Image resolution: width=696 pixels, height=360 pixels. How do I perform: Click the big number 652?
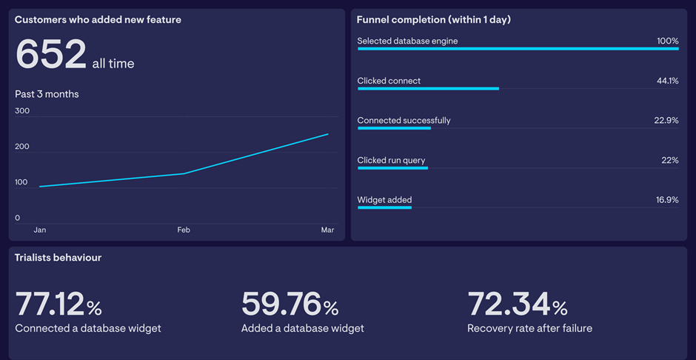[x=50, y=55]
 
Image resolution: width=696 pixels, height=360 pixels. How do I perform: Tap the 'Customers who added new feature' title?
[x=98, y=20]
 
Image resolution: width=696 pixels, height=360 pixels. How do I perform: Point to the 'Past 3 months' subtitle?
[x=47, y=94]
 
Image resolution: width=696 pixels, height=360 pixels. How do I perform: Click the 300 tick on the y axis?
[x=22, y=111]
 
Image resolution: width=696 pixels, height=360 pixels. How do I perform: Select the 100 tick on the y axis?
[x=22, y=182]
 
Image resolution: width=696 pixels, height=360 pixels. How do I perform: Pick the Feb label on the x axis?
[x=184, y=230]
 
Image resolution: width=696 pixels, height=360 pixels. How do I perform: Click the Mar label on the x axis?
[x=327, y=230]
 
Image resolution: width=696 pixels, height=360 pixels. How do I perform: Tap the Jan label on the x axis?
[x=40, y=230]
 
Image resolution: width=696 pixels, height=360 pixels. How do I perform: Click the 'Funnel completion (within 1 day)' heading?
[x=433, y=20]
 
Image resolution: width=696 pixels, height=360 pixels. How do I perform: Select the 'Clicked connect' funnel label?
[x=389, y=81]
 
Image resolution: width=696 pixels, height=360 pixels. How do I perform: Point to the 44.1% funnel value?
[x=667, y=81]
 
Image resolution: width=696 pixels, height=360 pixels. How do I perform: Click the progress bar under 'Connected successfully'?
[x=394, y=128]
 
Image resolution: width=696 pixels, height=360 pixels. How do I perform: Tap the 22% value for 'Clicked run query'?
[x=669, y=160]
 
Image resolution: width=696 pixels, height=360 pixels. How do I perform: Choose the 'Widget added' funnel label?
[x=384, y=200]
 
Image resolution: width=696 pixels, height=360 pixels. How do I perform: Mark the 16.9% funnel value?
[x=667, y=200]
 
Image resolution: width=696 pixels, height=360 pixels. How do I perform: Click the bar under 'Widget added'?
[x=384, y=207]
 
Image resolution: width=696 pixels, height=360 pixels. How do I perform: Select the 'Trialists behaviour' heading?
[x=58, y=258]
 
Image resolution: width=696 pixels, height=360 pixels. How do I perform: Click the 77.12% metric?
[x=58, y=304]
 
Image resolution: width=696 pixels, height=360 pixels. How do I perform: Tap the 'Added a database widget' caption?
[x=302, y=328]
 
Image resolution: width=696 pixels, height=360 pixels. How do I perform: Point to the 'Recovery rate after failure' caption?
[x=529, y=328]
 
